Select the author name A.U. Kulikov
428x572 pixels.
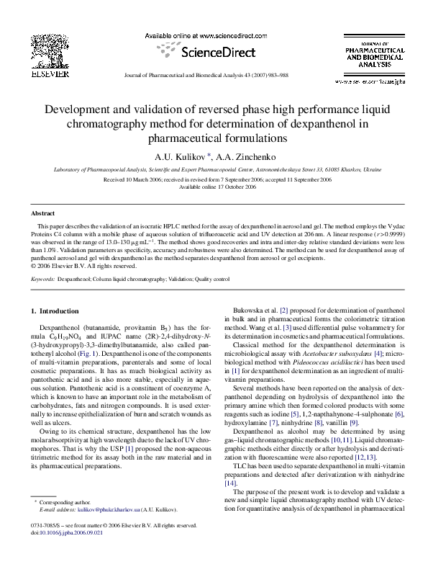(179, 156)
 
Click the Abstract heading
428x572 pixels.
(42, 214)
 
